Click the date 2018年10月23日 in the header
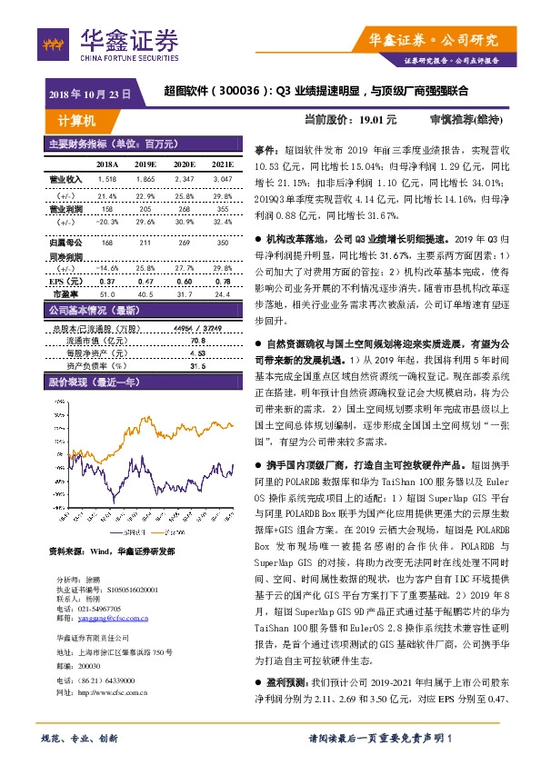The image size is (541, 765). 89,93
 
